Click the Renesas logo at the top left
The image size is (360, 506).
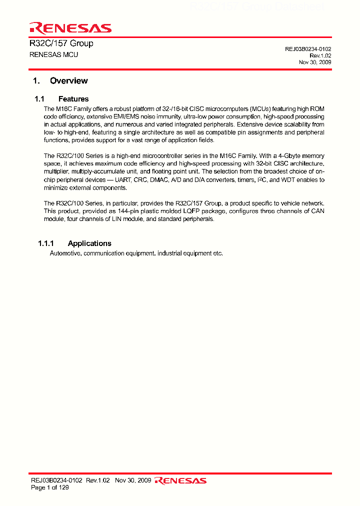click(70, 28)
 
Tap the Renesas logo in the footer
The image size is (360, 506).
click(180, 480)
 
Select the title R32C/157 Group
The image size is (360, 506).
click(61, 43)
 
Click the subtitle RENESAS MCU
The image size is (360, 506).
click(54, 54)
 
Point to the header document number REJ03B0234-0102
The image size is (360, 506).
click(308, 49)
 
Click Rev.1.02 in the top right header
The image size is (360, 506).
click(319, 55)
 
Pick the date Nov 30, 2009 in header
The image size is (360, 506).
click(315, 62)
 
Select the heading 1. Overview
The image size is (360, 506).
click(60, 80)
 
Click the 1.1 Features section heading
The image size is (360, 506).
click(61, 99)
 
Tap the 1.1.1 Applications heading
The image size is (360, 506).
click(74, 243)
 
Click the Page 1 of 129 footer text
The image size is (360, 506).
click(50, 487)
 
